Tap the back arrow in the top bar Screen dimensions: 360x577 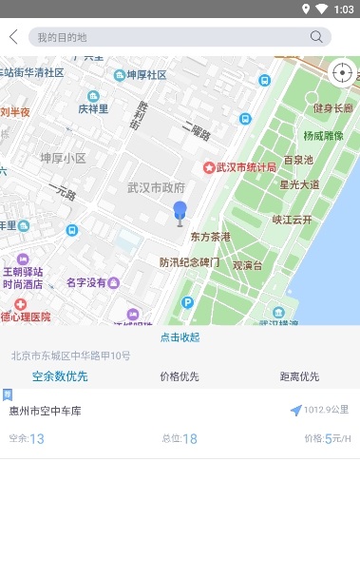coord(13,37)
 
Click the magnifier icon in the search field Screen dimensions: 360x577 coord(316,37)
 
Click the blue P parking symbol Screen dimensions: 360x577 coord(187,302)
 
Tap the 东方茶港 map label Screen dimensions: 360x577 coord(211,236)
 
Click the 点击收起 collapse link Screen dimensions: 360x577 coord(180,337)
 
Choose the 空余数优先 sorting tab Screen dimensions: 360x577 coord(60,376)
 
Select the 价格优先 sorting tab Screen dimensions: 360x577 coord(180,376)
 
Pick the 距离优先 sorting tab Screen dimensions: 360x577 coord(299,376)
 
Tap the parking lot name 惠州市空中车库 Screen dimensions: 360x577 coord(46,412)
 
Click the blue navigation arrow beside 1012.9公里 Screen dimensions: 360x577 coord(295,411)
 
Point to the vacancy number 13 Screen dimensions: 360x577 coord(37,438)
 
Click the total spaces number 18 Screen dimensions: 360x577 coord(190,438)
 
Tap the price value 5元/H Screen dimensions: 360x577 coord(338,438)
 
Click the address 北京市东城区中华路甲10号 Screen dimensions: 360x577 coord(71,356)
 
